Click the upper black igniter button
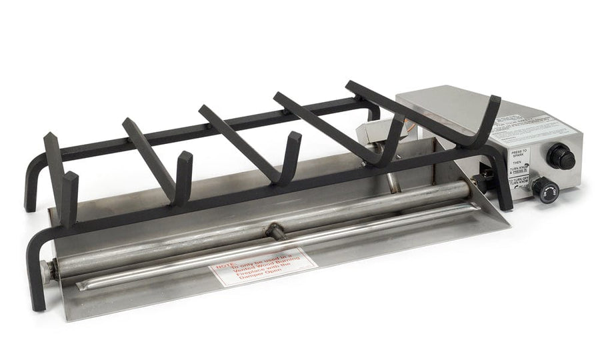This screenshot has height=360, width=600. [x=561, y=157]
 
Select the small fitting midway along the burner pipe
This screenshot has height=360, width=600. [x=274, y=231]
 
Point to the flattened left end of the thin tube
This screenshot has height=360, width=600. [x=83, y=285]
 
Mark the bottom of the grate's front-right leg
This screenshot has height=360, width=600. [x=505, y=204]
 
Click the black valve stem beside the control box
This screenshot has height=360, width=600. [x=482, y=181]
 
